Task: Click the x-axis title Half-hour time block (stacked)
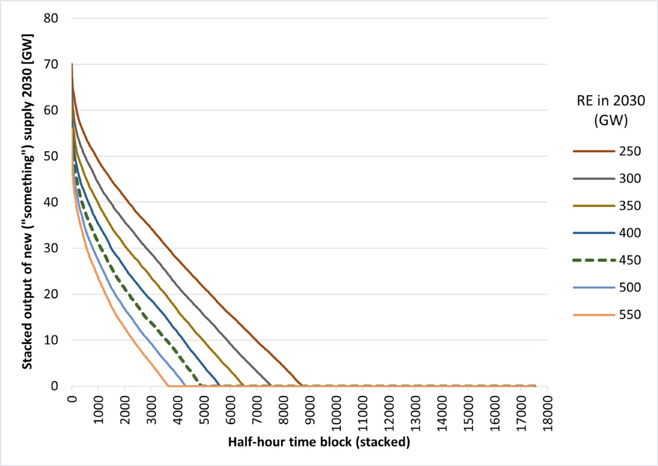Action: [x=319, y=442]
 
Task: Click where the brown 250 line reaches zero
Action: [x=301, y=385]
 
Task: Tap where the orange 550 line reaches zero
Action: [x=168, y=385]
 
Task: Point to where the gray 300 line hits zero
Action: [x=271, y=385]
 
